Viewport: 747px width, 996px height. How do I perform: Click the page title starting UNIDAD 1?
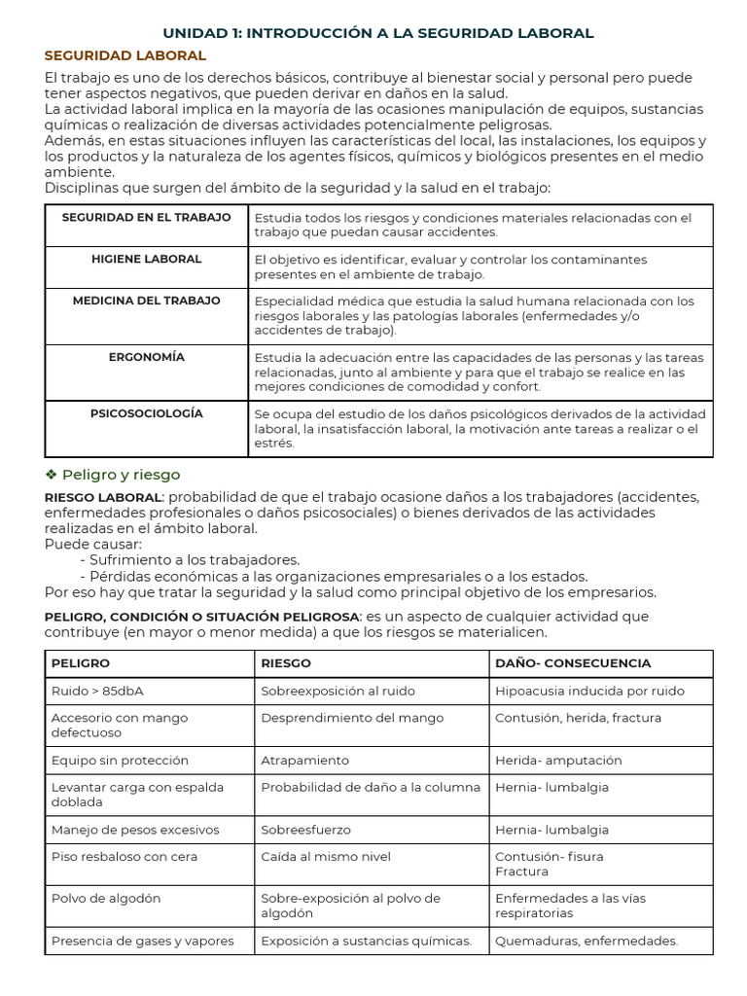tap(377, 33)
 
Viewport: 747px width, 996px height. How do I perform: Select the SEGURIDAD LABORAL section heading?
tap(125, 56)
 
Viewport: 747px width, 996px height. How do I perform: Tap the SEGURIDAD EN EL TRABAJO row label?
tap(146, 218)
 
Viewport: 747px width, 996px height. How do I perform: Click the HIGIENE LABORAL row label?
tap(146, 260)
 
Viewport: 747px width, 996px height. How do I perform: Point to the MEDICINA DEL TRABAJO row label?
tap(146, 302)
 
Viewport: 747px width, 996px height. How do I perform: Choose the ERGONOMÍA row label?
tap(146, 358)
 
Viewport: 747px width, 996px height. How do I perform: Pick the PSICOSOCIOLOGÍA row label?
tap(146, 414)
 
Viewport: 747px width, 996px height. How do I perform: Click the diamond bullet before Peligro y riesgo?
tap(52, 475)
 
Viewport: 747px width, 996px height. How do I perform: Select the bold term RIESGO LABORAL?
tap(102, 497)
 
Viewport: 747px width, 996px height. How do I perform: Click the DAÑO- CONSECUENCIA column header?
tap(573, 663)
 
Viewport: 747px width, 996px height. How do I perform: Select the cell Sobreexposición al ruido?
tap(338, 692)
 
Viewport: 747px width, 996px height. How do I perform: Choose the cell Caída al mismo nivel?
tap(326, 857)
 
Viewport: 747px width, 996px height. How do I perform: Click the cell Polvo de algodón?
tap(106, 899)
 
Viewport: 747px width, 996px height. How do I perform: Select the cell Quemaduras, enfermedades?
tap(587, 942)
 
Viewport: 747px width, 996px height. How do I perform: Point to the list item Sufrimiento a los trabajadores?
tap(195, 560)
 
